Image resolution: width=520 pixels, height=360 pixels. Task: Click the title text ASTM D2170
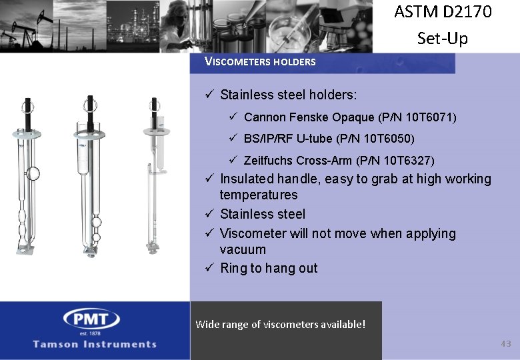pyautogui.click(x=443, y=12)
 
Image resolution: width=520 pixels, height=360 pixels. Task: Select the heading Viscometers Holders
pyautogui.click(x=260, y=62)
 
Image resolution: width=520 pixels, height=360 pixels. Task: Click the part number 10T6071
pyautogui.click(x=429, y=117)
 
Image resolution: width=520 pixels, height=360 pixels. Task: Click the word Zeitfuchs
pyautogui.click(x=269, y=161)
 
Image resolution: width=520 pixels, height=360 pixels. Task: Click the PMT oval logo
pyautogui.click(x=91, y=318)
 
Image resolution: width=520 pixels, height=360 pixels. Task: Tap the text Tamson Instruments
pyautogui.click(x=95, y=344)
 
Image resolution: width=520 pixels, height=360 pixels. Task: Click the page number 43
pyautogui.click(x=505, y=343)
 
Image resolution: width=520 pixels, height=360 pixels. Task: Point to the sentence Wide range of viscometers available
pyautogui.click(x=280, y=325)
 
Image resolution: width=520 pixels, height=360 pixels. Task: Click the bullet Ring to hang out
pyautogui.click(x=269, y=268)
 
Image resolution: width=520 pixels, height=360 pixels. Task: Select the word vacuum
pyautogui.click(x=243, y=249)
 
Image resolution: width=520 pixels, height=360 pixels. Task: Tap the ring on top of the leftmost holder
pyautogui.click(x=27, y=104)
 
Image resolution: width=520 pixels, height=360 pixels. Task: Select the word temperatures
pyautogui.click(x=259, y=195)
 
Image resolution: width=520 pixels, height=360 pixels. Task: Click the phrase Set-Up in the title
pyautogui.click(x=443, y=38)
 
